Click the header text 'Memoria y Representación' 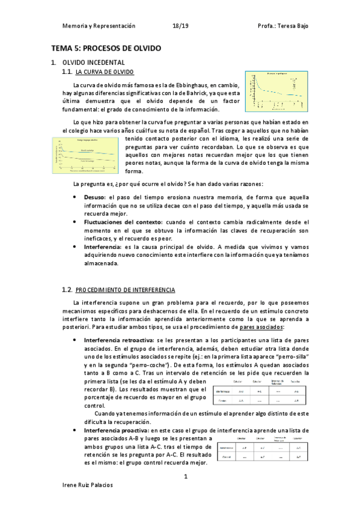point(99,26)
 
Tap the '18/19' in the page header point(180,26)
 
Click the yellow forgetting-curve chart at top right point(276,90)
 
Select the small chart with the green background point(84,155)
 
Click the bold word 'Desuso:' point(96,197)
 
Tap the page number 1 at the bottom point(186,476)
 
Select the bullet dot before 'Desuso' point(74,197)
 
